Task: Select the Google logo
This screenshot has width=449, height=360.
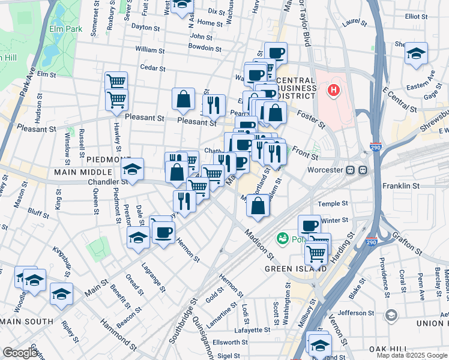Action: click(x=20, y=353)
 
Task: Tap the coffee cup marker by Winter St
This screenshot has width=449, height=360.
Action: click(x=309, y=226)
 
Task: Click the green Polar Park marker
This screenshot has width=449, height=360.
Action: click(x=282, y=239)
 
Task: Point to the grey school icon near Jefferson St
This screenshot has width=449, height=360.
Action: click(x=391, y=315)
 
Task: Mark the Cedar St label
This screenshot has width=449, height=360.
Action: click(x=152, y=68)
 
